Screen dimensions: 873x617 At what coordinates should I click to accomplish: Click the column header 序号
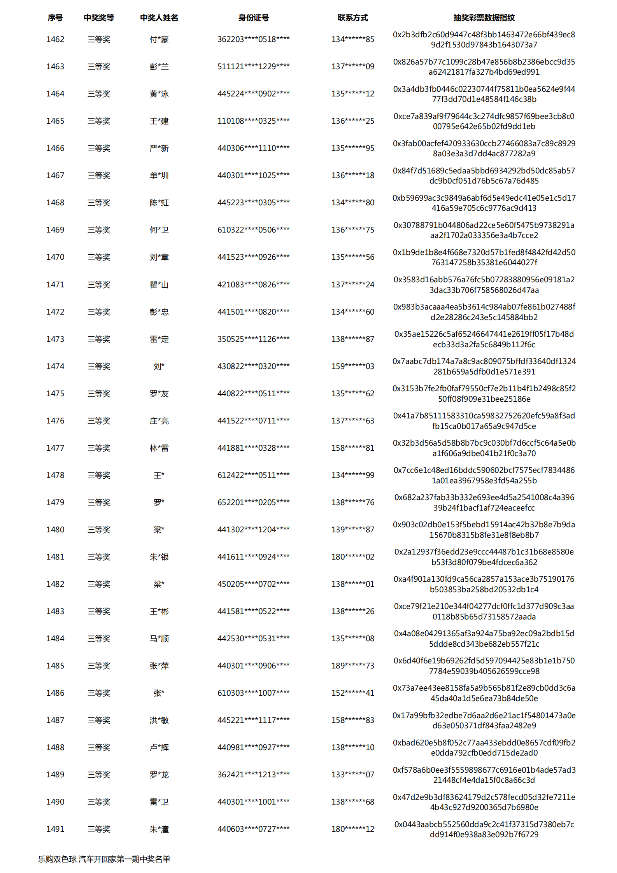pos(55,17)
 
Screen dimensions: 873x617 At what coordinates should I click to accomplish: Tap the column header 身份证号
pos(253,17)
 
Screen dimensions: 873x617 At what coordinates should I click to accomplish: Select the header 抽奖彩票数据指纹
pos(484,17)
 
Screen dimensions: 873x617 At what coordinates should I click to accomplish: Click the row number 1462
pos(55,39)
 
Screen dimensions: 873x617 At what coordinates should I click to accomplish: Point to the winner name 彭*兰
pos(159,66)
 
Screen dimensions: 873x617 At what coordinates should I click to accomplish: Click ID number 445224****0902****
pos(253,94)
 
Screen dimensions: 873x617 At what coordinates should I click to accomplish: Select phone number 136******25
pos(352,121)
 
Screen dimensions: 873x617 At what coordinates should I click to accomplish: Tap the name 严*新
pos(159,148)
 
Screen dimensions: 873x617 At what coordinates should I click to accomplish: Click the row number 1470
pos(55,257)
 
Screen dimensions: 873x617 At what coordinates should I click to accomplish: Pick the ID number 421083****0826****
pos(253,285)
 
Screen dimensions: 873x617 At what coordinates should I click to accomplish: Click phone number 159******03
pos(352,366)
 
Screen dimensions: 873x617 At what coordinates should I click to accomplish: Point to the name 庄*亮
pos(159,421)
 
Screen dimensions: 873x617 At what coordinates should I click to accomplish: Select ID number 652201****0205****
pos(253,502)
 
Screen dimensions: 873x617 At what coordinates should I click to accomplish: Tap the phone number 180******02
pos(352,557)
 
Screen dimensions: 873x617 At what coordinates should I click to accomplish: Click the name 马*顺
pos(159,639)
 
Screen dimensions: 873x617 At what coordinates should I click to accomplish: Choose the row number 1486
pos(55,693)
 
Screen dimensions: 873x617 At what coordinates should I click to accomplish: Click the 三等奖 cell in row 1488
pos(99,747)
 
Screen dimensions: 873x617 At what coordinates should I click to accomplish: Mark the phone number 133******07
pos(352,775)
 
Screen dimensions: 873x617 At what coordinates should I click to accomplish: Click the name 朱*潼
pos(159,829)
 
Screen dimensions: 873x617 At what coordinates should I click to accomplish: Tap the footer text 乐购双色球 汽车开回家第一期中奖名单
pos(104,859)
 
